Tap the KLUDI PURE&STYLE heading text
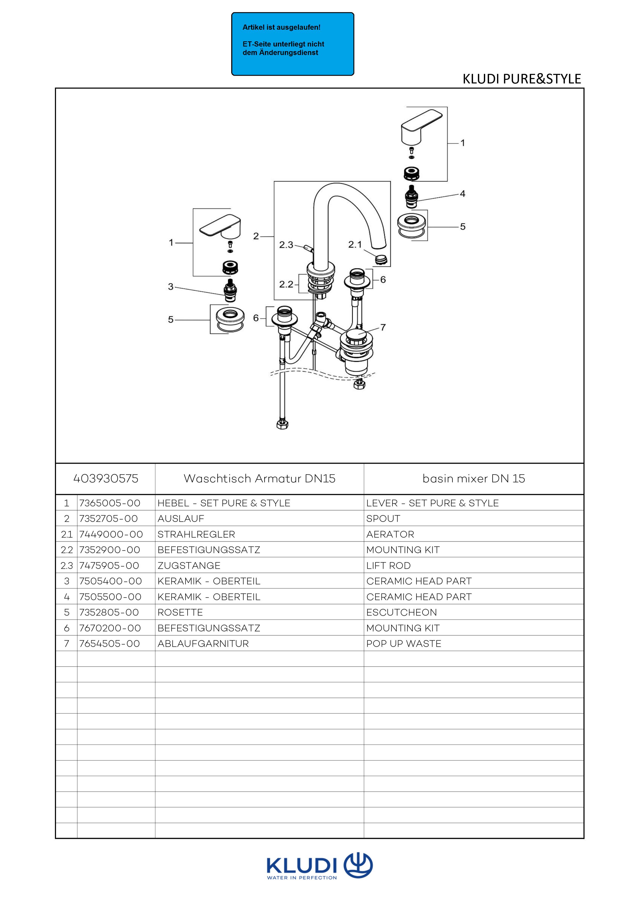click(x=521, y=79)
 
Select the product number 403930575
click(x=106, y=479)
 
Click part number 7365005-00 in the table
click(x=110, y=503)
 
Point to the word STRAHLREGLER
click(x=196, y=534)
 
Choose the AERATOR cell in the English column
click(x=390, y=534)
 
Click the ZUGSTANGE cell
click(x=189, y=565)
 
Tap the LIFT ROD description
click(x=388, y=565)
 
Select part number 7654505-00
click(x=110, y=644)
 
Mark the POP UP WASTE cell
click(x=403, y=644)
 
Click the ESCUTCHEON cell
click(x=402, y=612)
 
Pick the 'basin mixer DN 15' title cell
click(x=474, y=479)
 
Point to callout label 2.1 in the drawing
click(x=355, y=245)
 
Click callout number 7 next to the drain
click(x=383, y=327)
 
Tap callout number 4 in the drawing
click(x=462, y=194)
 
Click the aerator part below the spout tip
click(x=381, y=259)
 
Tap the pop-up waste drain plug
click(x=356, y=335)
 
